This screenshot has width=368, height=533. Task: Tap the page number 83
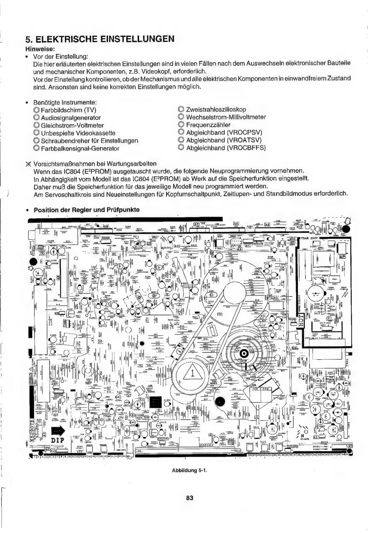pyautogui.click(x=189, y=498)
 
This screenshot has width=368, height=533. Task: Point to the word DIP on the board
pyautogui.click(x=57, y=441)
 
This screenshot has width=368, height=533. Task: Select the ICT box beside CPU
pyautogui.click(x=255, y=389)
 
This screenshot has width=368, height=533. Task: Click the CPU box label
pyautogui.click(x=267, y=389)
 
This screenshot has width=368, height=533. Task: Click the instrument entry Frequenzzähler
pyautogui.click(x=208, y=125)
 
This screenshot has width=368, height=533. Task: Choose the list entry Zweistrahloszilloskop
pyautogui.click(x=216, y=109)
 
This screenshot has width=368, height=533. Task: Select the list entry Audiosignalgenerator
pyautogui.click(x=71, y=117)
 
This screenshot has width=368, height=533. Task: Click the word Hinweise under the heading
pyautogui.click(x=40, y=49)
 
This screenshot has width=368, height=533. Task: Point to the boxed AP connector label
pyautogui.click(x=342, y=257)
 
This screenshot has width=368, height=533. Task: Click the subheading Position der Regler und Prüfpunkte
pyautogui.click(x=86, y=210)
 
